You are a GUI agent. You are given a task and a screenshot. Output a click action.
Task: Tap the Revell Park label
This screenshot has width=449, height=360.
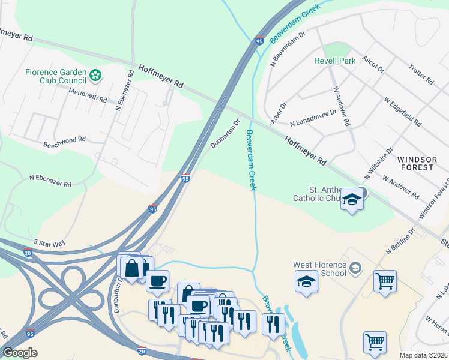pos(335,61)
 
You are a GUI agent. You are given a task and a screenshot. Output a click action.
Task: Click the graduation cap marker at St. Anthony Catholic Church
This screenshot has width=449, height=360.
pos(352,200)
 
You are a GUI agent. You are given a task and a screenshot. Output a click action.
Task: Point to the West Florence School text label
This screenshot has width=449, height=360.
pos(319,269)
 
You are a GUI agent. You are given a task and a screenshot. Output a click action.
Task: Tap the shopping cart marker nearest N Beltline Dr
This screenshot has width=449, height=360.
pos(385,280)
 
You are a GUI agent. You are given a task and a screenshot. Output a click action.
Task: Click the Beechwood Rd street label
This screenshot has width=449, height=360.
pos(65,142)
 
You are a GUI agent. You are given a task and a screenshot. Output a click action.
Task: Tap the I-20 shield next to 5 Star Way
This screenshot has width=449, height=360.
pos(27,252)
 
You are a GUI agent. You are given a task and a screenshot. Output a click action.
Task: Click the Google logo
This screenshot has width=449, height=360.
pos(20,352)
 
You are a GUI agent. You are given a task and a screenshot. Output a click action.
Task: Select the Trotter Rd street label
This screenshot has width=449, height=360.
pos(420,74)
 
